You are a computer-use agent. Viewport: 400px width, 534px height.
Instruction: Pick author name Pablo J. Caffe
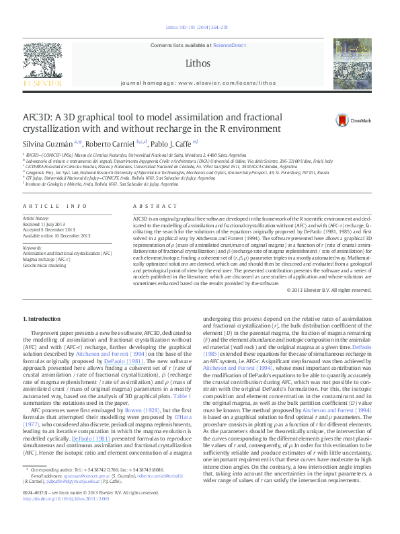(x=175, y=143)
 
